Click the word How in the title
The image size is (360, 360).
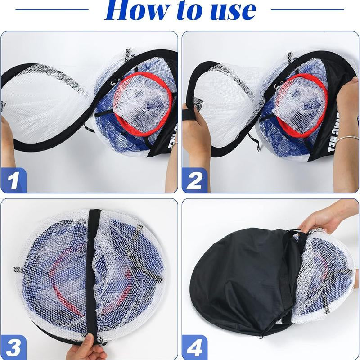(135, 11)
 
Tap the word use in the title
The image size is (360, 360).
(229, 11)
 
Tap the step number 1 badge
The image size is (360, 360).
(13, 180)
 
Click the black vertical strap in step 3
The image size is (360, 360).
(95, 270)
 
